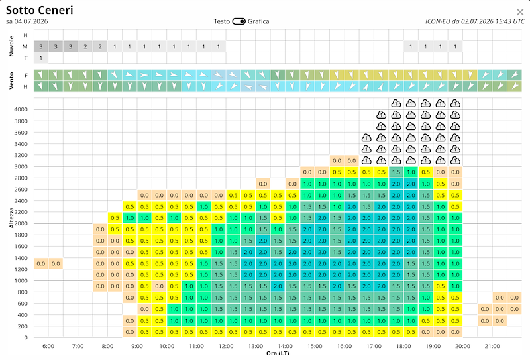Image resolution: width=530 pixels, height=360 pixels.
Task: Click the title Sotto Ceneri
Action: (x=40, y=10)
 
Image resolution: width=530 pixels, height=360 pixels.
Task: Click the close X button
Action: (x=520, y=12)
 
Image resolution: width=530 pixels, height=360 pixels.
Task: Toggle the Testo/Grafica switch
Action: (x=238, y=21)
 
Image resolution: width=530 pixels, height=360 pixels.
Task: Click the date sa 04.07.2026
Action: (x=26, y=21)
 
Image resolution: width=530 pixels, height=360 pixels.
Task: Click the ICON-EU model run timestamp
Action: (x=475, y=21)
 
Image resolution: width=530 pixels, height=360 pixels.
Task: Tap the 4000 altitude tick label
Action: (x=21, y=109)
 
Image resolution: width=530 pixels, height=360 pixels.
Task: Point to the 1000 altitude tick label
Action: (x=21, y=280)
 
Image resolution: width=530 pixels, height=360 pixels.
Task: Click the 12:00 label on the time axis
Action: (x=226, y=346)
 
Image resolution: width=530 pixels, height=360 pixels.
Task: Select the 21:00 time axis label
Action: (x=492, y=346)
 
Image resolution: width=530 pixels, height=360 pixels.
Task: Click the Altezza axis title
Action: (x=11, y=217)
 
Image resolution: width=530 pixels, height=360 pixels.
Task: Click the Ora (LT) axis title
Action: (x=278, y=353)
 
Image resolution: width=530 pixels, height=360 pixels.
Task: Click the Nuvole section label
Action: (x=11, y=46)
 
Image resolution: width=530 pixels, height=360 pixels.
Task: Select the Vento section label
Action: (x=11, y=80)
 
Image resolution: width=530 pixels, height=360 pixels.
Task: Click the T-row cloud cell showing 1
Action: (x=41, y=58)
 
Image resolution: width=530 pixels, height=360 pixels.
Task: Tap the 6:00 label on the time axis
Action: (x=48, y=346)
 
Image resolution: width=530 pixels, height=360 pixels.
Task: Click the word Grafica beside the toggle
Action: (x=258, y=21)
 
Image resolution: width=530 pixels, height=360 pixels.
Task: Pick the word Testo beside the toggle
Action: (x=222, y=21)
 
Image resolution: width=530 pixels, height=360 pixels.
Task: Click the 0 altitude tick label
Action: (x=26, y=337)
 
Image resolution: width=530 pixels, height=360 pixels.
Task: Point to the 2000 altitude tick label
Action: (x=21, y=223)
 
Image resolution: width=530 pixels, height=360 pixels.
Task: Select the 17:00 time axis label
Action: (x=374, y=346)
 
